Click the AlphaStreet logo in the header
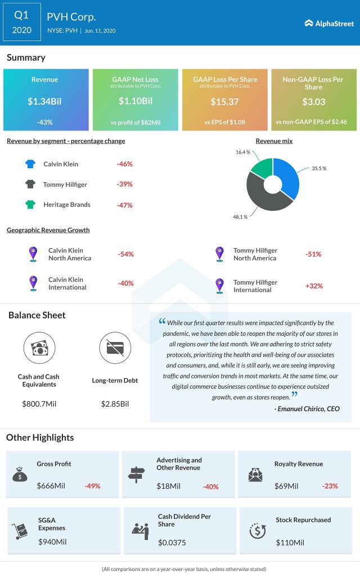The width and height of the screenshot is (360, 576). tap(329, 23)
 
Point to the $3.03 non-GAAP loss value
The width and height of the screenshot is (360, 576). tap(313, 101)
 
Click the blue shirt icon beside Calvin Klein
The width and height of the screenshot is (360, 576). tap(30, 164)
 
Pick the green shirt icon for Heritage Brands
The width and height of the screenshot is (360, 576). tap(30, 205)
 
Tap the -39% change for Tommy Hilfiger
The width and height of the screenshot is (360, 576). tap(124, 184)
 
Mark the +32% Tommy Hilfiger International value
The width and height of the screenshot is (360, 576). tap(313, 286)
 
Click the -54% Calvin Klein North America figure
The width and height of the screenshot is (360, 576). tap(125, 254)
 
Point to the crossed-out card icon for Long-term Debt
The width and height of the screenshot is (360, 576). tap(115, 348)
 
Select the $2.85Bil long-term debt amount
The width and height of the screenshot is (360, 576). tap(115, 404)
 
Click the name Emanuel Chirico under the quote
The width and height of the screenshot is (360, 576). tap(302, 409)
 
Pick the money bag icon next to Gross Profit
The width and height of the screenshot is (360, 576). tap(20, 475)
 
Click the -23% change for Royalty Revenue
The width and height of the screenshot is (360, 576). tap(330, 485)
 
